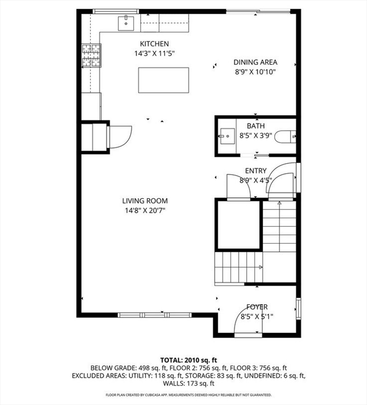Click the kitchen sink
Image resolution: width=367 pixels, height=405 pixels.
tap(126, 23)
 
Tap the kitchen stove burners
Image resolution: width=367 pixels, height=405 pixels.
tap(91, 55)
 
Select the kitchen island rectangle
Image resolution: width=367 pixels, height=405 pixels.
tap(163, 80)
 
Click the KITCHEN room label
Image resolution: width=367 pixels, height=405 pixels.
tap(154, 44)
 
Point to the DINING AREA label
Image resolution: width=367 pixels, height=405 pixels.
tap(255, 62)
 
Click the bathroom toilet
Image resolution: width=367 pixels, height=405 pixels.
tap(285, 137)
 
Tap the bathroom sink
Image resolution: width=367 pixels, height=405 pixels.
tap(227, 136)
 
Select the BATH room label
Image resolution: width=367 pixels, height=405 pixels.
tap(256, 126)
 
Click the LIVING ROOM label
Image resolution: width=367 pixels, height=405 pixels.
tap(145, 201)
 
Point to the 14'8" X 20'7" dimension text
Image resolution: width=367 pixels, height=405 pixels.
tap(145, 210)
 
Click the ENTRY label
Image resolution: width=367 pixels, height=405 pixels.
tap(256, 171)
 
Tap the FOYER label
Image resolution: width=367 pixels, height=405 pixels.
tap(257, 307)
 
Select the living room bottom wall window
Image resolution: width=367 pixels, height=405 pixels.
tap(154, 315)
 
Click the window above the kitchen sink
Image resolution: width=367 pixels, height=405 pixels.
tap(115, 12)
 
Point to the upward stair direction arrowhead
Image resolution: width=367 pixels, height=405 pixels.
tap(279, 203)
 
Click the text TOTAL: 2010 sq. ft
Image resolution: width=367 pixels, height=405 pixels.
tap(189, 360)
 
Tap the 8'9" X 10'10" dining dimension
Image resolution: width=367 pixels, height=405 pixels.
tap(255, 72)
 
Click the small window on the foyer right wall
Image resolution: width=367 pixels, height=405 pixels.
tap(298, 308)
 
